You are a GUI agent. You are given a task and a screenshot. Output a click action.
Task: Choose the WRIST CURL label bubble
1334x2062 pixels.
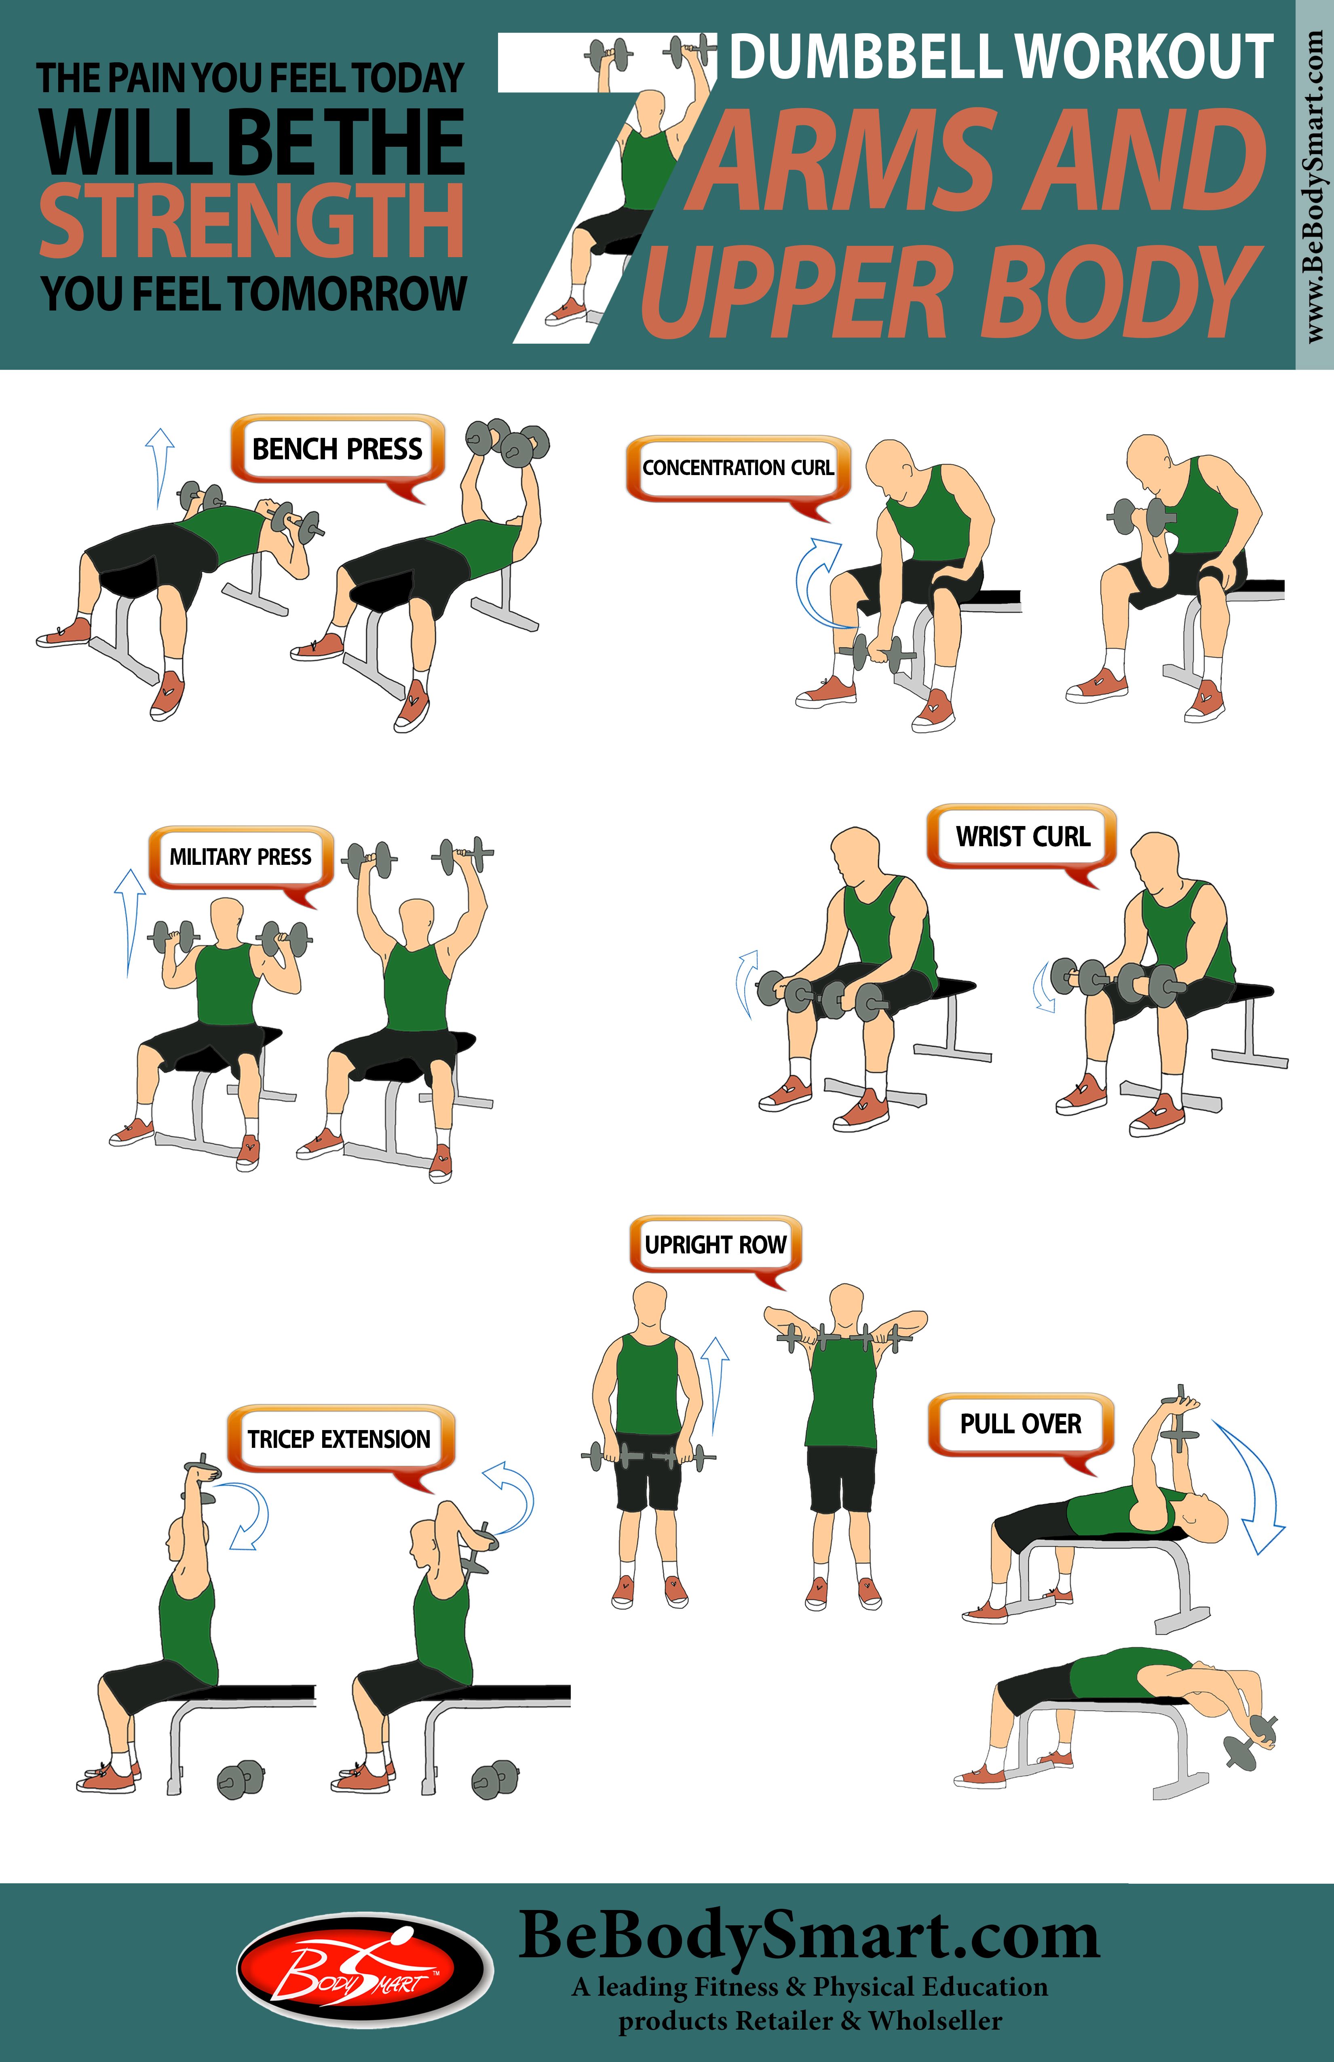coord(1022,837)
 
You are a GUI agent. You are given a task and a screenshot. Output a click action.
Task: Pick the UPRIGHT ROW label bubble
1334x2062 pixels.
coord(716,1245)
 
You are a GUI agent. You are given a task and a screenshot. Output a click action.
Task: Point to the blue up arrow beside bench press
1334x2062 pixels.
coord(158,468)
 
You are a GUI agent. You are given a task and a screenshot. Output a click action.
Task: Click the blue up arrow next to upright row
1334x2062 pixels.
coord(715,1384)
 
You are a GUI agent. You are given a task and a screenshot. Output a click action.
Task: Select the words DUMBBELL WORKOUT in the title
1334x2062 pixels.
coord(1000,57)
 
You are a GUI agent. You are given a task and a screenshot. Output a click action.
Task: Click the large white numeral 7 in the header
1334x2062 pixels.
coord(598,186)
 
